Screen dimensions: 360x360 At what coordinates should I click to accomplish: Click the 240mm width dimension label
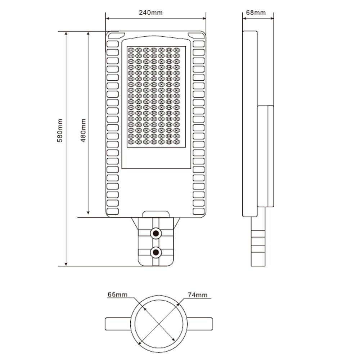[150, 13]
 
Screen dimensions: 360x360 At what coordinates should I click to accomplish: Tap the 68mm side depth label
[256, 13]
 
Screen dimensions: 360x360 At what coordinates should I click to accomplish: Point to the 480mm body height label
[83, 130]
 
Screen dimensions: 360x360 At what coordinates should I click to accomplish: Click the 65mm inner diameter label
[117, 295]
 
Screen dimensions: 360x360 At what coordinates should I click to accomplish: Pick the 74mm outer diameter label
[198, 295]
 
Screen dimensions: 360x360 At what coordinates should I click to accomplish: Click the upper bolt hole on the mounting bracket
[156, 234]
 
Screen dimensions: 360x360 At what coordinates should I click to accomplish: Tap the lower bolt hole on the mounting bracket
[156, 252]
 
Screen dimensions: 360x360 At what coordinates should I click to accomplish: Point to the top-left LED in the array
[131, 50]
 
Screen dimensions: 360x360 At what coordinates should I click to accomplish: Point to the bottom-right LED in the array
[176, 142]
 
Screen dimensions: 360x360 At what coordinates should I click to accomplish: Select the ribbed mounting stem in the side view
[258, 241]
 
